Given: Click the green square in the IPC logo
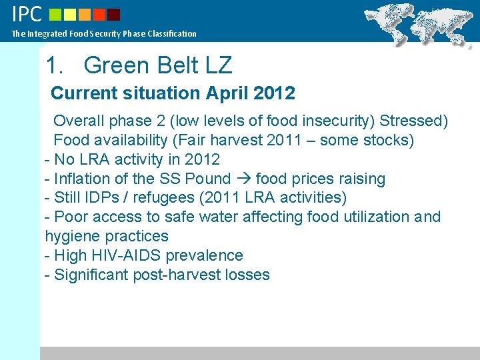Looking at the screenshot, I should tap(56, 15).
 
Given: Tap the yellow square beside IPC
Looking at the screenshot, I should tap(71, 15).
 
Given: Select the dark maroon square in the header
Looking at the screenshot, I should tap(114, 15).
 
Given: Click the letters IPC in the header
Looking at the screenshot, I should tap(27, 14).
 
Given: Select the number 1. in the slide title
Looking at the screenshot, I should tap(56, 65).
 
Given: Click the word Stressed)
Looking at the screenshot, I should tap(414, 121).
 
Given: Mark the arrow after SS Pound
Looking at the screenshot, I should tap(243, 179).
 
